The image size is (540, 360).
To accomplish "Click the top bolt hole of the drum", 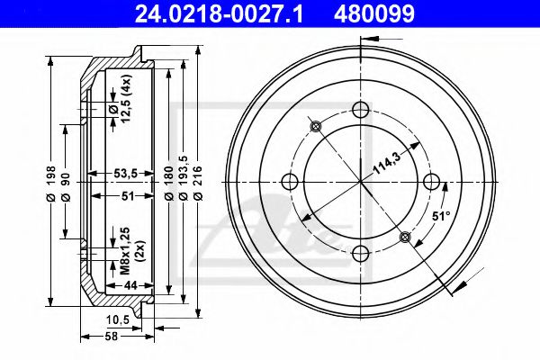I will point(361,110).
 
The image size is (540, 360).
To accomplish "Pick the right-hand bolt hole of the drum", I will point(431,181).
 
